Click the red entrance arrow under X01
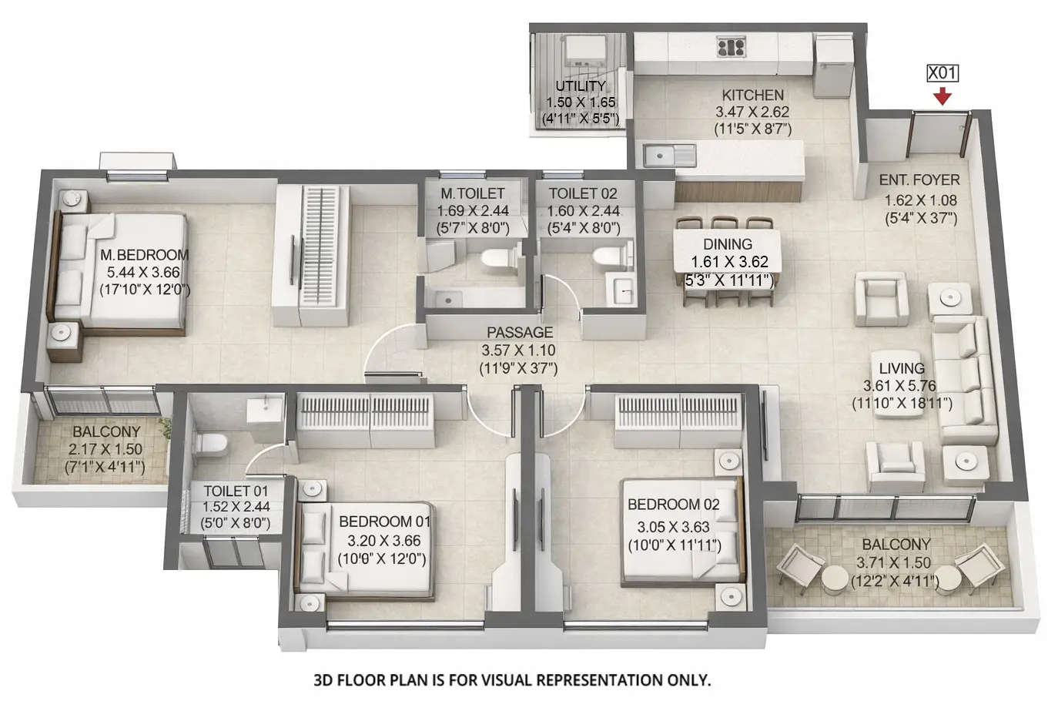point(942,97)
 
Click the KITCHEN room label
point(752,96)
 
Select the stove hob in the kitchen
point(730,48)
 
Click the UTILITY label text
point(581,86)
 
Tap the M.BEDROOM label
point(144,255)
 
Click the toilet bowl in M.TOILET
point(490,260)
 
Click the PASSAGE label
point(520,333)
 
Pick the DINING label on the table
point(728,245)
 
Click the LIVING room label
point(902,368)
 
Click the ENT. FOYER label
point(919,180)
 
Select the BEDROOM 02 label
point(673,505)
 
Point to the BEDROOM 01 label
point(385,522)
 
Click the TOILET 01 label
point(236,491)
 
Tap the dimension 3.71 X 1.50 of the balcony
point(896,563)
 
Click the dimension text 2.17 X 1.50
point(105,449)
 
